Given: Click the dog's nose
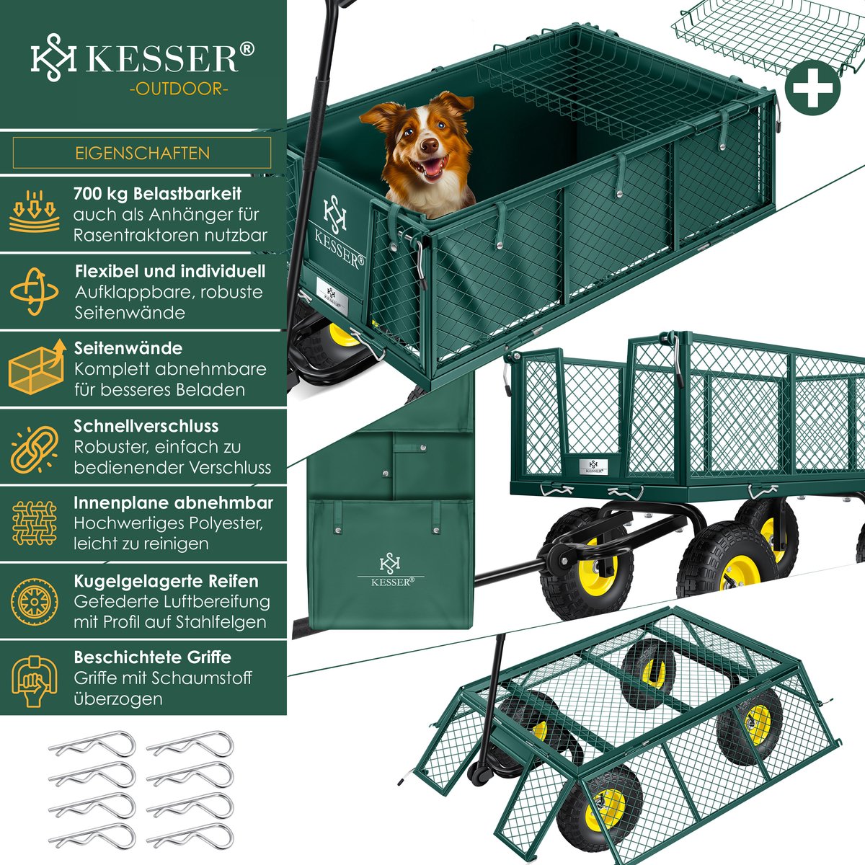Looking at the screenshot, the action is point(429,144).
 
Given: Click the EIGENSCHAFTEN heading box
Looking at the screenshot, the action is point(142,153).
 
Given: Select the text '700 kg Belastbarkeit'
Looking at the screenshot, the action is point(158,193).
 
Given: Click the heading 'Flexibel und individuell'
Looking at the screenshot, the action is point(170,271).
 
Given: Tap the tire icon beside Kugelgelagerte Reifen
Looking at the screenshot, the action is point(35,602).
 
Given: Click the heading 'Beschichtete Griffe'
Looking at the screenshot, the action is point(153,657).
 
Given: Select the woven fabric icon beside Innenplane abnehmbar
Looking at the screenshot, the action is point(35,523).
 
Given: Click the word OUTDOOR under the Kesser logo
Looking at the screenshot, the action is point(178,89).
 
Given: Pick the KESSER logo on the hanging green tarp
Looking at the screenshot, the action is point(390,570).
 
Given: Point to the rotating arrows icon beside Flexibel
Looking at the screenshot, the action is point(35,292).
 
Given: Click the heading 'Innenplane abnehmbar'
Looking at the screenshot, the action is point(173,502).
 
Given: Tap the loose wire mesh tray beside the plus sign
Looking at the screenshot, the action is point(768,37).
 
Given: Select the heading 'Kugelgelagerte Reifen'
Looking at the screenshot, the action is point(166,581).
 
